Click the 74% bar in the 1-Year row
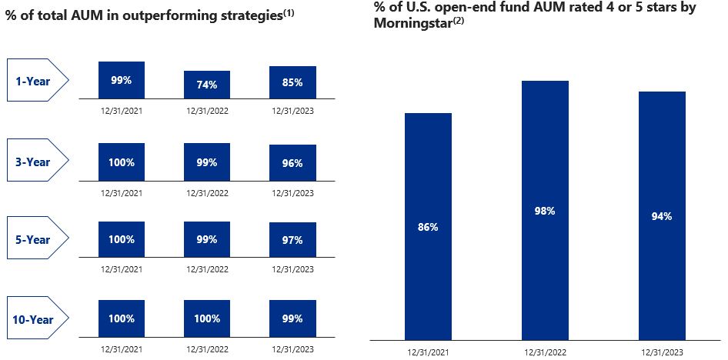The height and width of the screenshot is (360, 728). [207, 85]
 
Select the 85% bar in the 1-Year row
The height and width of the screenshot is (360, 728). [292, 82]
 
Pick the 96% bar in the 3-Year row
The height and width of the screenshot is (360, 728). [292, 163]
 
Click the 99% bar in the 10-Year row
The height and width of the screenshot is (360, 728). [292, 318]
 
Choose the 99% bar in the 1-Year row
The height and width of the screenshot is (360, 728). [122, 80]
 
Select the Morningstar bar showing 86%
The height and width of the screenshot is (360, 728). [428, 226]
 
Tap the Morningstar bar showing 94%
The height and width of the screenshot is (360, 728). [662, 215]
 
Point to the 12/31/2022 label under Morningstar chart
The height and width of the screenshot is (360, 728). [545, 352]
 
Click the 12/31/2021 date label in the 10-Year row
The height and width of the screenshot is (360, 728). [122, 349]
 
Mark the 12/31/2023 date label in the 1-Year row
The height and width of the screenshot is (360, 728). [292, 111]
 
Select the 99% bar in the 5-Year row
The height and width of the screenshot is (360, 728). [207, 240]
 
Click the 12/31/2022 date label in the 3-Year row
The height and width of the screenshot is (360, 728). [207, 193]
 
